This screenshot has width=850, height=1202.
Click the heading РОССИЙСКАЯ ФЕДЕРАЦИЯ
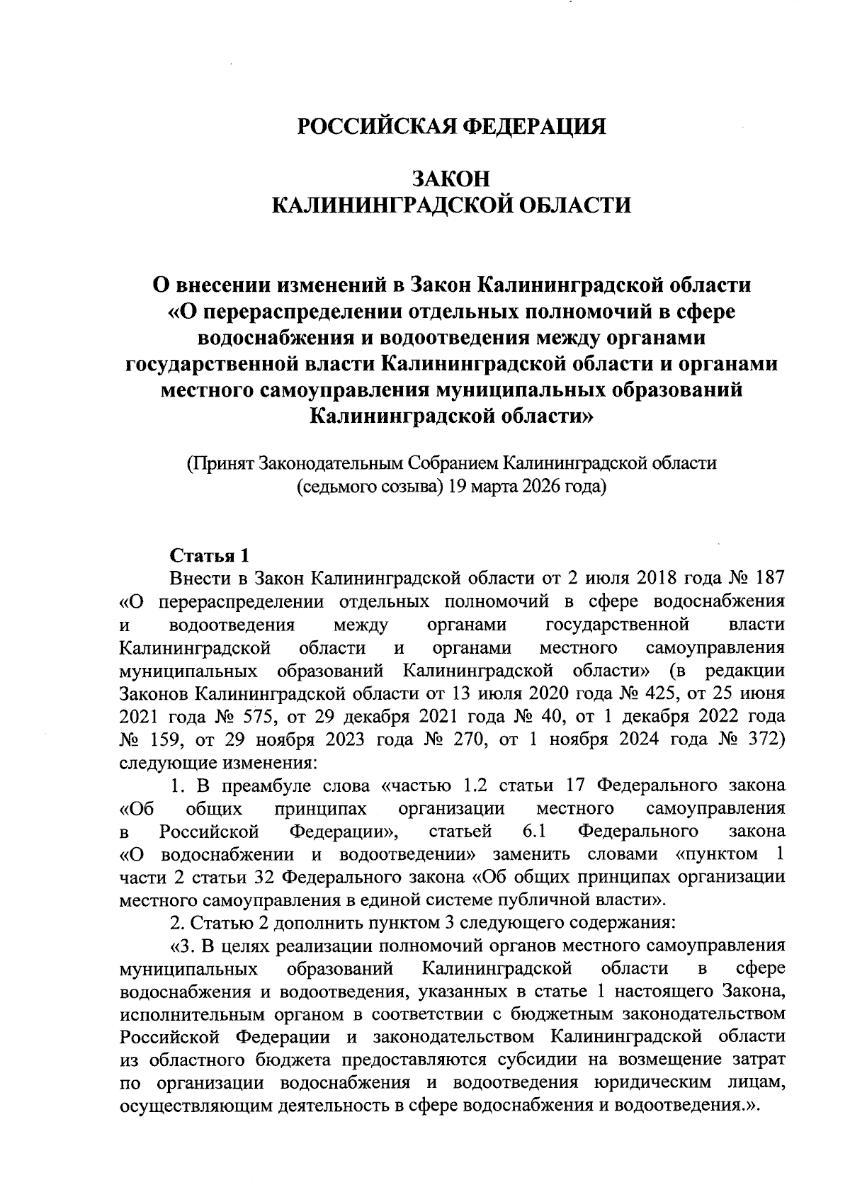451,127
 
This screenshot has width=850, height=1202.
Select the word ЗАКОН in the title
451,178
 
